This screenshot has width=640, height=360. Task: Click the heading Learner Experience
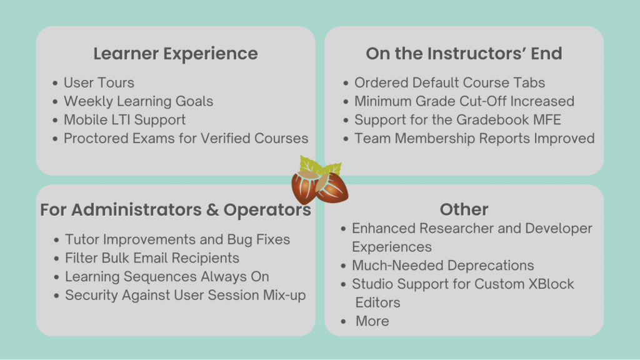pyautogui.click(x=176, y=54)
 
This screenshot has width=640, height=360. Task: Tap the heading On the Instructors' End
pyautogui.click(x=464, y=54)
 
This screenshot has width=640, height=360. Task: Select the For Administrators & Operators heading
pyautogui.click(x=176, y=210)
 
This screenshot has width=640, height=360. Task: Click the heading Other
pyautogui.click(x=464, y=209)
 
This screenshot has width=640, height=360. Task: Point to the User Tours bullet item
pyautogui.click(x=99, y=82)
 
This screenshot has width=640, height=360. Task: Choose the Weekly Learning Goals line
pyautogui.click(x=138, y=101)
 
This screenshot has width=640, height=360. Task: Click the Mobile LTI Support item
pyautogui.click(x=124, y=120)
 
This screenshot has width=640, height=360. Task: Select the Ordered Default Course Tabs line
pyautogui.click(x=449, y=82)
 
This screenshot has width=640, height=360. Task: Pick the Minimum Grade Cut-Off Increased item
pyautogui.click(x=464, y=101)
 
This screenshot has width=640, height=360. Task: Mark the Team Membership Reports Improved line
pyautogui.click(x=474, y=138)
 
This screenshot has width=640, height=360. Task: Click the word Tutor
pyautogui.click(x=82, y=239)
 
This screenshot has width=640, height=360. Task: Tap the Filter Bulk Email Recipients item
pyautogui.click(x=152, y=258)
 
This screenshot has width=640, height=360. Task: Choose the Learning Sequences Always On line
pyautogui.click(x=167, y=277)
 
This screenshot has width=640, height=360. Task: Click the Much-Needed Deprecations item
pyautogui.click(x=442, y=266)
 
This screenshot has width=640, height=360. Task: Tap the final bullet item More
pyautogui.click(x=372, y=321)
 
